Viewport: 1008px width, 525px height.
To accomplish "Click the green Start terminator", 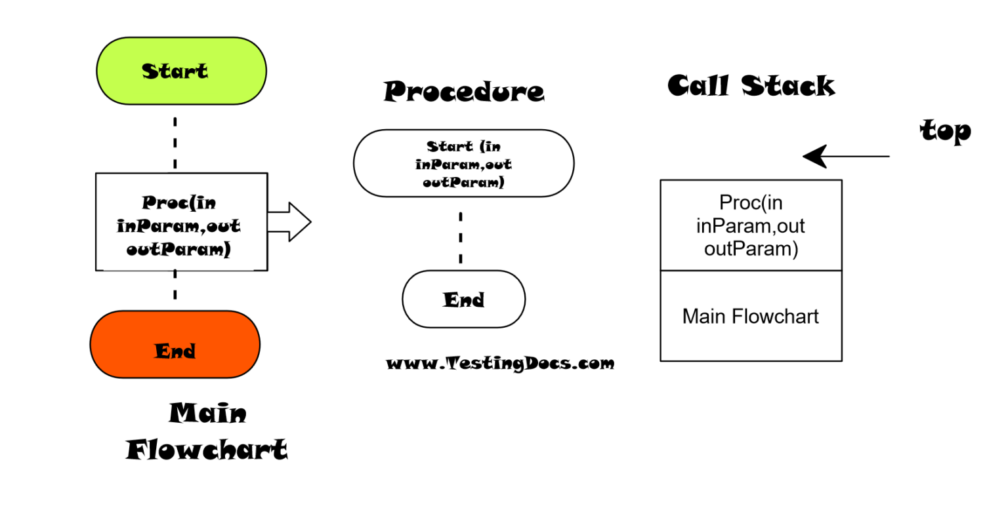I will (181, 71).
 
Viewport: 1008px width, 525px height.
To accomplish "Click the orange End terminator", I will (175, 345).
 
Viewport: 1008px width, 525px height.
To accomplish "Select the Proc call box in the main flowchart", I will (181, 222).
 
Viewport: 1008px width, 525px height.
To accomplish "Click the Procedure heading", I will (464, 91).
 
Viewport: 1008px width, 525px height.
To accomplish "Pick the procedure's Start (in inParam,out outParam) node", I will (463, 163).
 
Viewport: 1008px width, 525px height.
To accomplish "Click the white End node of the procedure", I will (463, 299).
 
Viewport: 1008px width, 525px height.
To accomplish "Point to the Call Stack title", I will (751, 86).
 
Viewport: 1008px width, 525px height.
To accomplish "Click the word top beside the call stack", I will (945, 130).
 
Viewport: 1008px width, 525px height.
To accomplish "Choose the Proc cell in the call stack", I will (751, 225).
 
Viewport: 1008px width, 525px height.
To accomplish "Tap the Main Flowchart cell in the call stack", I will (751, 316).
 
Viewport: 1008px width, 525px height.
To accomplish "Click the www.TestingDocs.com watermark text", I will (500, 363).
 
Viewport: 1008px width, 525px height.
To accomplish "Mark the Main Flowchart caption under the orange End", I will (207, 432).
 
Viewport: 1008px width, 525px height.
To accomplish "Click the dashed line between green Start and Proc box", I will (175, 142).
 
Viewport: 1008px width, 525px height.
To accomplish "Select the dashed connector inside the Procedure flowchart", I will (461, 237).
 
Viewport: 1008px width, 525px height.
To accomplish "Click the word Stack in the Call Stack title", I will (788, 86).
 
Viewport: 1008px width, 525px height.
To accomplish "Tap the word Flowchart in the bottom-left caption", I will (207, 450).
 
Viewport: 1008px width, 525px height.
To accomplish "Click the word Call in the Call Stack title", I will (698, 86).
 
